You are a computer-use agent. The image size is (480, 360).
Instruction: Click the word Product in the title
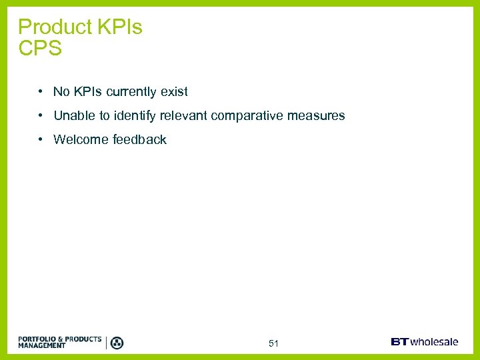[55, 27]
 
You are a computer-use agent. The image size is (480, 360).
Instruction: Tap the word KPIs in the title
[120, 27]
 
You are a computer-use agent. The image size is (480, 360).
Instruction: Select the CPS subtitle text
[40, 49]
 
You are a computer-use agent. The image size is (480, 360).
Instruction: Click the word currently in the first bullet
[129, 92]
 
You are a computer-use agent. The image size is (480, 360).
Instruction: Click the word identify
[135, 116]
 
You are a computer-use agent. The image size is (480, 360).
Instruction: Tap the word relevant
[183, 116]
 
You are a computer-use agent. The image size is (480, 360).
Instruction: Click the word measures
[316, 116]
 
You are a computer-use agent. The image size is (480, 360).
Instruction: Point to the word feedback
[139, 140]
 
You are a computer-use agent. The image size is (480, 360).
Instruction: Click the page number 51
[273, 343]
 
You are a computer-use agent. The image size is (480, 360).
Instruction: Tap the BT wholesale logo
[425, 342]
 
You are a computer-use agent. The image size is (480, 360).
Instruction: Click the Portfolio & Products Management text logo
[60, 342]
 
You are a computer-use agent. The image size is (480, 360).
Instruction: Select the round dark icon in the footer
[117, 343]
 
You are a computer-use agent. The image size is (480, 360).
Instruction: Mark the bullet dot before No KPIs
[41, 92]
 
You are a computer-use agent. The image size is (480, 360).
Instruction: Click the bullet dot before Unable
[41, 116]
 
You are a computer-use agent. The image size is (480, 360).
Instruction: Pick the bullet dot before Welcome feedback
[41, 140]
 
